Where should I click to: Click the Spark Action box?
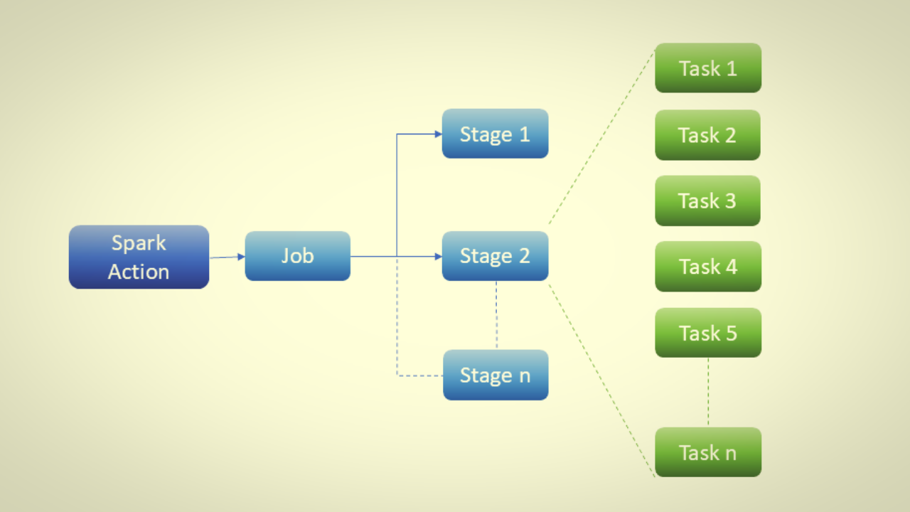[139, 257]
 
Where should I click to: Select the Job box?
[297, 256]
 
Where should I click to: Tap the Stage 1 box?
[495, 134]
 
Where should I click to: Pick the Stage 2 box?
[495, 256]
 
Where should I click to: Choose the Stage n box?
[495, 375]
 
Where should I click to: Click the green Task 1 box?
[707, 68]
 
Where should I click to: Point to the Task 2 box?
[707, 135]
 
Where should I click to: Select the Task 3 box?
[707, 201]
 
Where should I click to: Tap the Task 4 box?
[707, 267]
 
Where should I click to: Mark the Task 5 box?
[707, 333]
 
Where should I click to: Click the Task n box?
[707, 452]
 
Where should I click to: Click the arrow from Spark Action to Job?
[226, 257]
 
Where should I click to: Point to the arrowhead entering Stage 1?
[437, 134]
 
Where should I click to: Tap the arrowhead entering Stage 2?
[437, 256]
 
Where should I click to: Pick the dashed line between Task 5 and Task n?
[708, 392]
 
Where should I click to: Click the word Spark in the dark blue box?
[139, 243]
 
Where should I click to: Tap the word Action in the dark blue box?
[139, 272]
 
